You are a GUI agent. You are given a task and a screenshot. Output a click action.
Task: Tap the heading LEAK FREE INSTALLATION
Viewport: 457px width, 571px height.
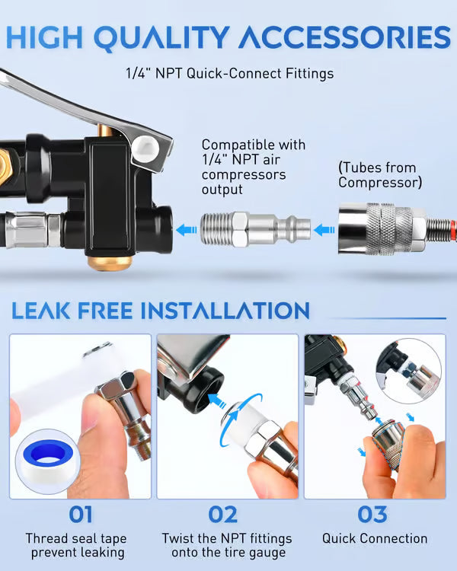160,310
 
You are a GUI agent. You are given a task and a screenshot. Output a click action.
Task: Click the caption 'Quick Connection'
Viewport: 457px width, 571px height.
374,538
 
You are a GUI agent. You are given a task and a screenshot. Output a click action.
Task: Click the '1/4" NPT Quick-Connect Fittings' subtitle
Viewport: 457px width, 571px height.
229,74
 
